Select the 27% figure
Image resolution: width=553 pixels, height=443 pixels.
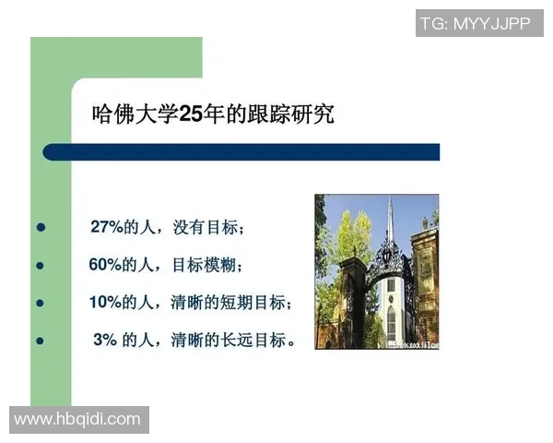[x=107, y=227]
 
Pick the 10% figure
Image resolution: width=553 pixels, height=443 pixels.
[x=107, y=303]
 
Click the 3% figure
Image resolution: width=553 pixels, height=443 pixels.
[x=105, y=341]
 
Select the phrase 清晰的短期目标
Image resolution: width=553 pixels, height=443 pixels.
[x=242, y=303]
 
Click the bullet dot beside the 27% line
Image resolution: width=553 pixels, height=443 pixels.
[x=40, y=227]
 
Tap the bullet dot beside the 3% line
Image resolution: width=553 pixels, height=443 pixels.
[x=40, y=341]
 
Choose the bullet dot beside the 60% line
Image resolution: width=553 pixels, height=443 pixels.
[x=40, y=265]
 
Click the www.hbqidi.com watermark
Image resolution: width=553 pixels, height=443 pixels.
[x=78, y=420]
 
